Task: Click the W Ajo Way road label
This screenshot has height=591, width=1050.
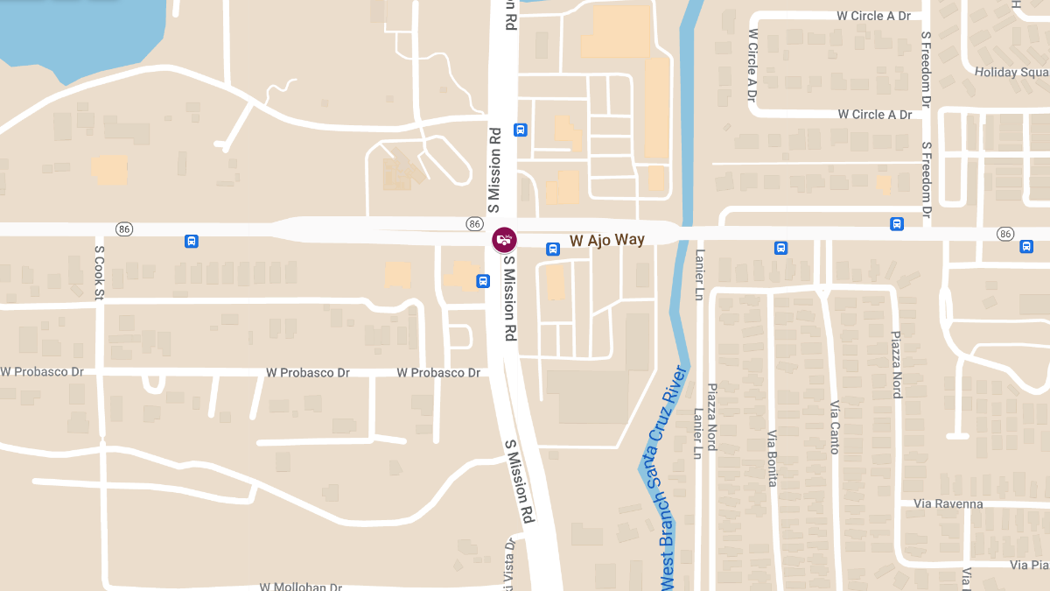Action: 606,240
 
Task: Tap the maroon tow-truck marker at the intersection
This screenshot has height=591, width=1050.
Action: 504,240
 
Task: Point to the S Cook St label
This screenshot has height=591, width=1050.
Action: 99,272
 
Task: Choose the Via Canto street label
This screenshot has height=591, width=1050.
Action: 834,426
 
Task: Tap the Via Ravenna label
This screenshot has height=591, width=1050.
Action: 948,503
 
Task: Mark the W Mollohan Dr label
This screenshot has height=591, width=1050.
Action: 301,586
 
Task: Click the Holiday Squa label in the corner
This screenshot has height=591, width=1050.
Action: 1011,72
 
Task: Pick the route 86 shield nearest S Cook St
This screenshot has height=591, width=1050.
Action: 124,229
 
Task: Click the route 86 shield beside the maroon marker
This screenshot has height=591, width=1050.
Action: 474,223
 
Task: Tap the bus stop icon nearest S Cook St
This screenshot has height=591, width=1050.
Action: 192,242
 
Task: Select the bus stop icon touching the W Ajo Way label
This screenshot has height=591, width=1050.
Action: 553,249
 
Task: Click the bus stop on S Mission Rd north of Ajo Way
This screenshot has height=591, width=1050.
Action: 521,130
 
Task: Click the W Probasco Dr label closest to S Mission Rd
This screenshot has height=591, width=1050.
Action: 438,372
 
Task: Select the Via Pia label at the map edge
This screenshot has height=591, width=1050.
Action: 1028,565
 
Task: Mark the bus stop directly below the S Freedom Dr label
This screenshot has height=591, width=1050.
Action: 897,224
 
